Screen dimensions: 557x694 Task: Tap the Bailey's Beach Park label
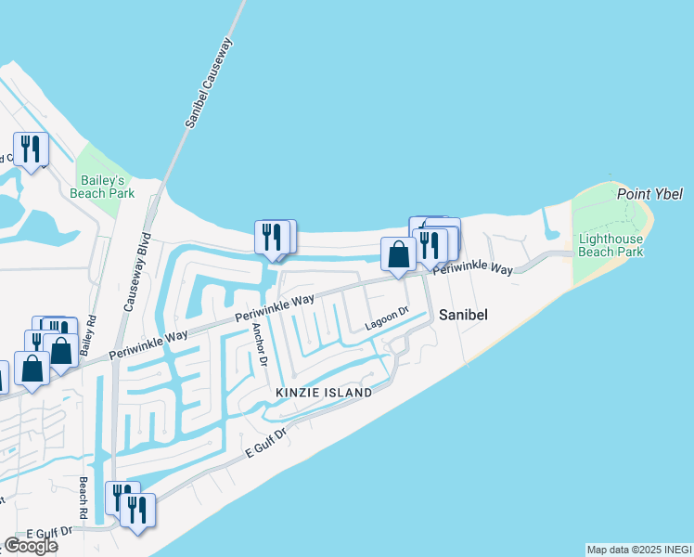pos(102,185)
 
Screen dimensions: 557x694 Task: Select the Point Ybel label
pos(649,194)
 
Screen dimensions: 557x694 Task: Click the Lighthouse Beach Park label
pos(610,245)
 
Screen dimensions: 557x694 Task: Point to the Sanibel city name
pos(464,315)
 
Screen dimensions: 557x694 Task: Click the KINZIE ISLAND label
pos(324,393)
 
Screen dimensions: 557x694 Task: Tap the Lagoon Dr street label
pos(387,318)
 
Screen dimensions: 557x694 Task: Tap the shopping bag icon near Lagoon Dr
pos(398,253)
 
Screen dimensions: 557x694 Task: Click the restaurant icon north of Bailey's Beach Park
pos(31,149)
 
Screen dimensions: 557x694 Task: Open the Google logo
pos(31,546)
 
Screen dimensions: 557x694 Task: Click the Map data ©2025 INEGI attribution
pos(639,550)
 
